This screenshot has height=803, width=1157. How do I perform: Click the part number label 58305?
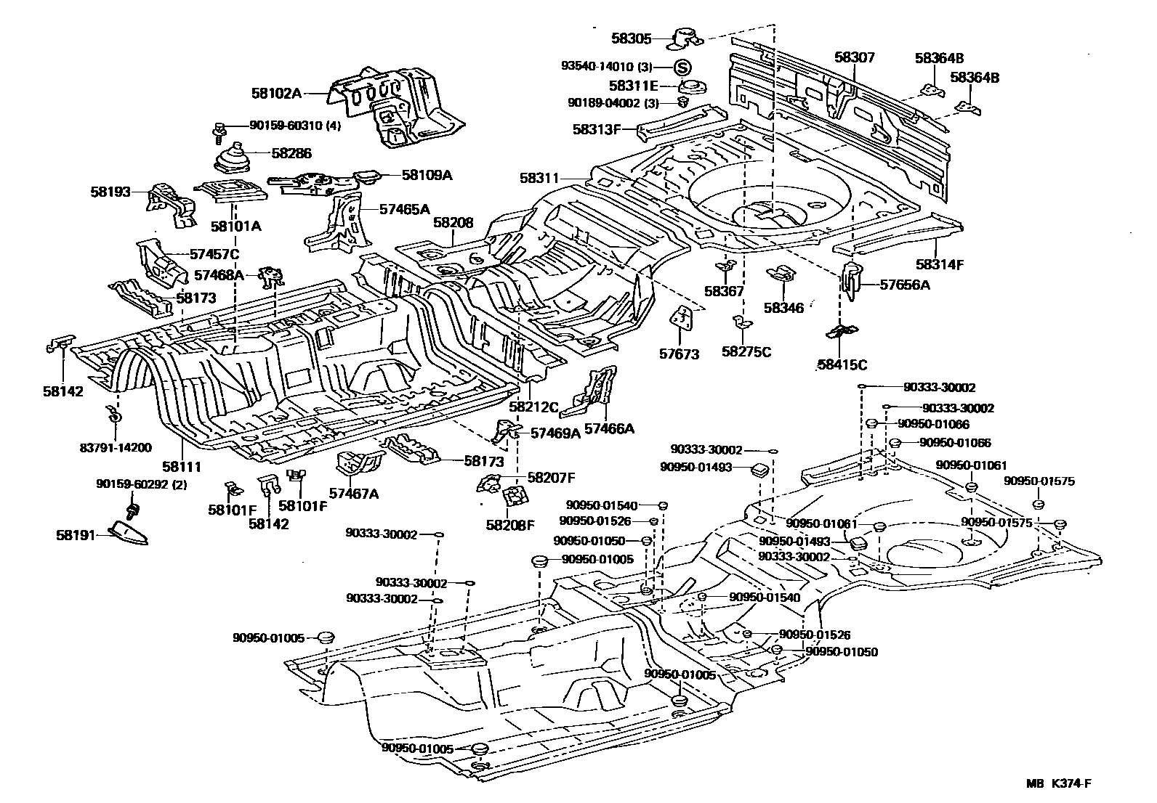[631, 41]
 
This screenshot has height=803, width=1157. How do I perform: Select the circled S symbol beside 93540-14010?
[682, 68]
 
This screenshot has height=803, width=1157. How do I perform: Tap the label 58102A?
[276, 93]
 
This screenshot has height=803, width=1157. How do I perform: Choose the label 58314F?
[939, 264]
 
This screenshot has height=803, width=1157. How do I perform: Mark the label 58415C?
[842, 364]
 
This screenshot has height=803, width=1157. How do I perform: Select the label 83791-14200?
[116, 448]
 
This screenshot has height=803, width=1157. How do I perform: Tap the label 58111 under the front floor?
[181, 467]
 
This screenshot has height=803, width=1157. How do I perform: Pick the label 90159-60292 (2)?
[142, 484]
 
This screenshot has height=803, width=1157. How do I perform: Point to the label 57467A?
[354, 494]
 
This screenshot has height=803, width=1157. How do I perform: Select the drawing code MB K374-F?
[1059, 783]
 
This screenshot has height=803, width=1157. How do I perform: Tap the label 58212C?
[533, 407]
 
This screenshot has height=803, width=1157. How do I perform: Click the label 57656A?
[905, 285]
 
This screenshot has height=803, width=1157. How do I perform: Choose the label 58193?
[110, 192]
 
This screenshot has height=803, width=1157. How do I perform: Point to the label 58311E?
[634, 85]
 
